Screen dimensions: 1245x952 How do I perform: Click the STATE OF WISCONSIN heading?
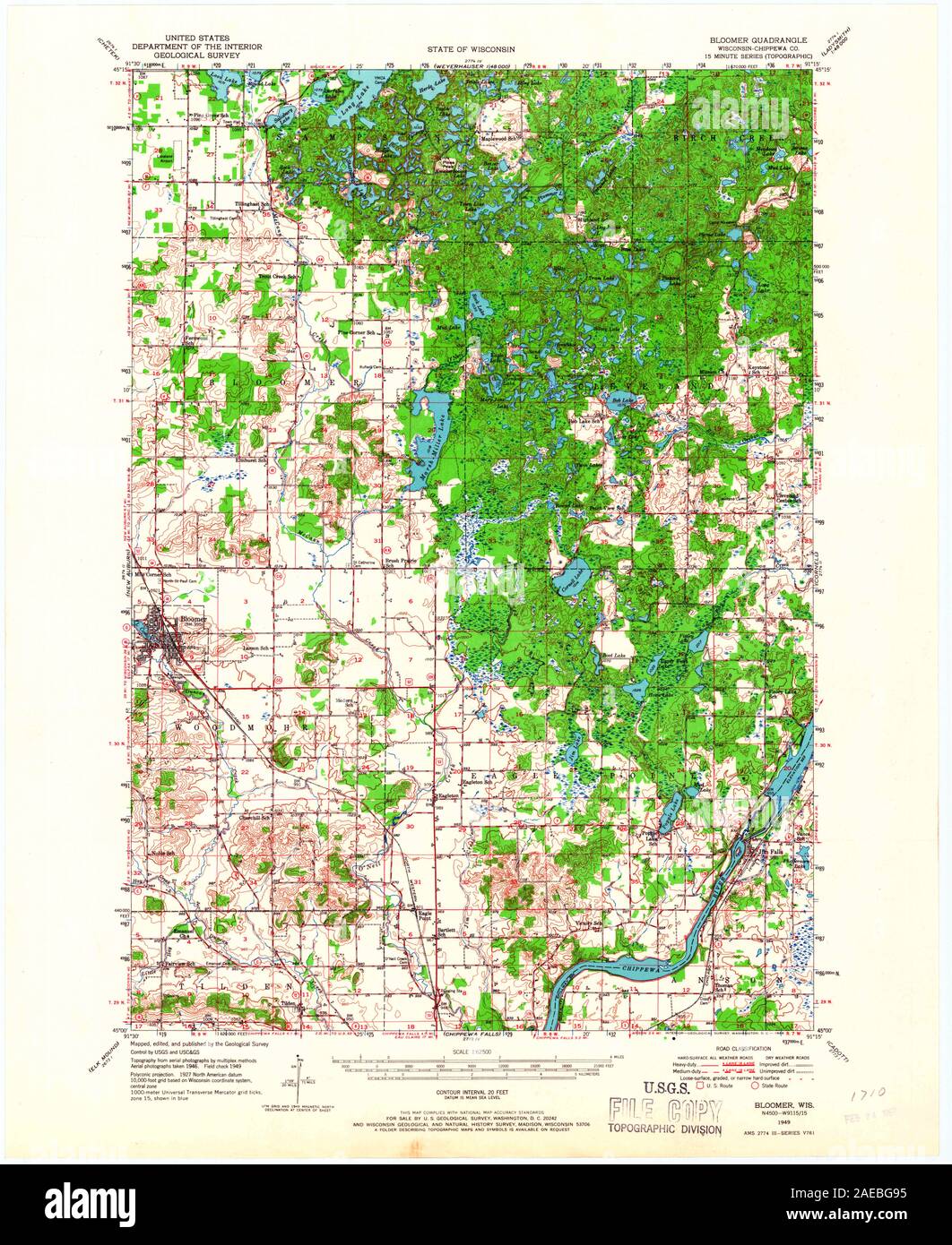coord(477,51)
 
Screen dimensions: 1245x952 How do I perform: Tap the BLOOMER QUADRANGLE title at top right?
coord(757,40)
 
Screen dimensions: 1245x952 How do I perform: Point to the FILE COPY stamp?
coord(664,1111)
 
